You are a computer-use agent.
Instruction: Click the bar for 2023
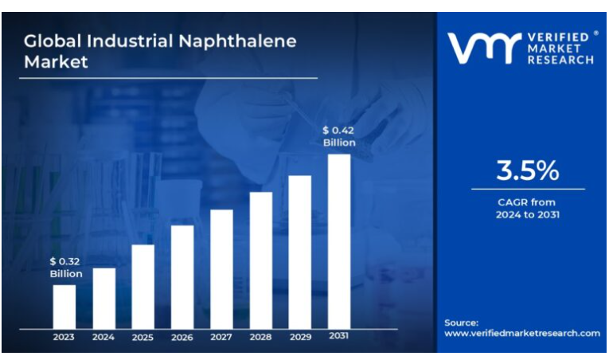(x=64, y=307)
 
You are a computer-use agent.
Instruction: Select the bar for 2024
(x=103, y=298)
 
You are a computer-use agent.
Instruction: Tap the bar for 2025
(x=142, y=286)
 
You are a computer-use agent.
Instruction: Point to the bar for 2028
(x=260, y=260)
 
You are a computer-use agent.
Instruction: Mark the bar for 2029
(x=299, y=252)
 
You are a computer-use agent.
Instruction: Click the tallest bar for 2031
(x=339, y=241)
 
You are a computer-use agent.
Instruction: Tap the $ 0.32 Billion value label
(x=65, y=268)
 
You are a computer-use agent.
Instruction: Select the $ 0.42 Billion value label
(x=339, y=136)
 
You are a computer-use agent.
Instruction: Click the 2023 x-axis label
(x=64, y=338)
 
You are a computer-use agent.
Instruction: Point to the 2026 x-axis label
(x=182, y=338)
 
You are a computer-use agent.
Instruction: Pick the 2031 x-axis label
(x=339, y=337)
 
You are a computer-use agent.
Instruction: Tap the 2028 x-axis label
(x=260, y=338)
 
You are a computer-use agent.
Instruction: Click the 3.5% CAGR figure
(x=528, y=170)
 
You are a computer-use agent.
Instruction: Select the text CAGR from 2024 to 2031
(x=527, y=209)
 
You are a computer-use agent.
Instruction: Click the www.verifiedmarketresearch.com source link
(x=522, y=334)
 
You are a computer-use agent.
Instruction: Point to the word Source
(x=461, y=323)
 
